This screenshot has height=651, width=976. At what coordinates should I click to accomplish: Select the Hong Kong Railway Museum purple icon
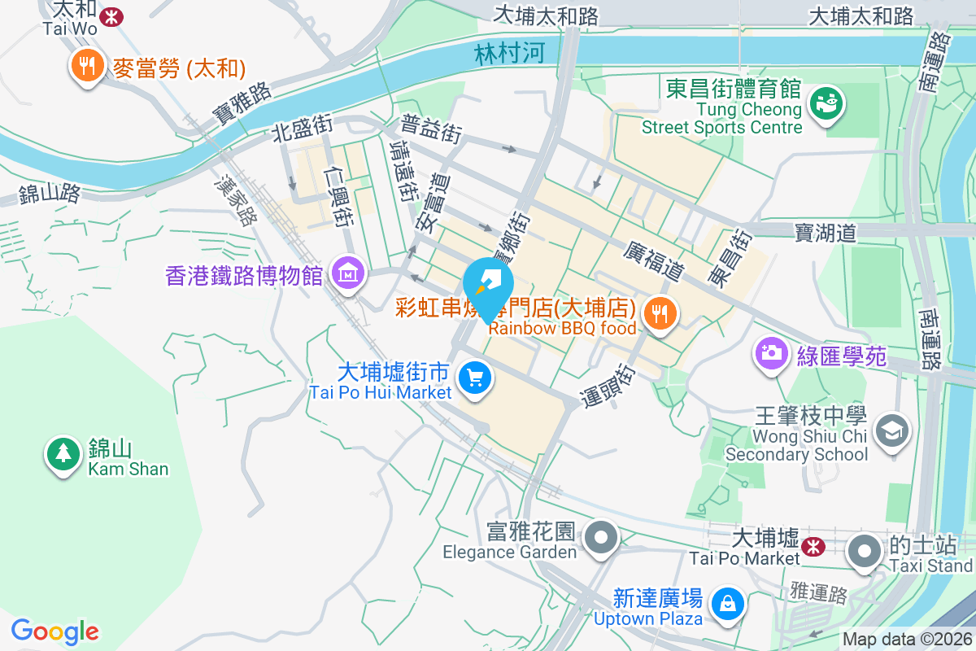[348, 276]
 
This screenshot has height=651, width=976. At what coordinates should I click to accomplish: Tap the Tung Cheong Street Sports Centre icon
[826, 104]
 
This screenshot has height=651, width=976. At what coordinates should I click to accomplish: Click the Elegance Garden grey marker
[602, 538]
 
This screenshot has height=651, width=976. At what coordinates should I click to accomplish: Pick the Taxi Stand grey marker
[864, 551]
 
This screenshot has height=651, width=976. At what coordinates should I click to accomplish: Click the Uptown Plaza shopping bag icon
[724, 604]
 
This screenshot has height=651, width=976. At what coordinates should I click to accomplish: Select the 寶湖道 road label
[826, 234]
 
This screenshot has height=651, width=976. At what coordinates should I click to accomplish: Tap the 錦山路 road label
[50, 194]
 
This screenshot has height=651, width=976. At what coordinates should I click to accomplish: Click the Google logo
[55, 631]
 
